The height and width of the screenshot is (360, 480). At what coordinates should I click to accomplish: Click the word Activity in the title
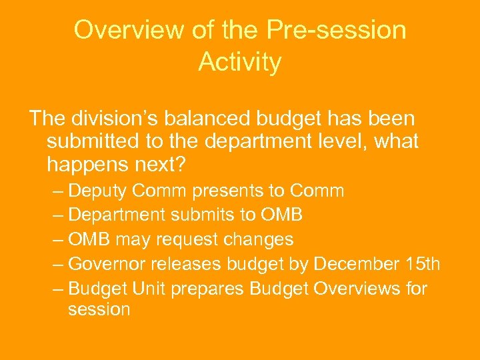coord(239,63)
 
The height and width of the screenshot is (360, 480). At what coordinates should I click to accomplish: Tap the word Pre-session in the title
coord(337,30)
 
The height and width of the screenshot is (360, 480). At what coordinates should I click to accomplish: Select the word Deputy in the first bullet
coord(99,191)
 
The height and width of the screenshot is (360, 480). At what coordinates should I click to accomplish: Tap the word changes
coord(263,239)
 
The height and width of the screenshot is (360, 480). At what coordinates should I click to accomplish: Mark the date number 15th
coord(423,264)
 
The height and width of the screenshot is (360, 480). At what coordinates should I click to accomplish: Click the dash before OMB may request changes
coord(57,239)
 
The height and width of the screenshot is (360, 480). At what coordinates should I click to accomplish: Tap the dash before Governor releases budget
coord(57,264)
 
